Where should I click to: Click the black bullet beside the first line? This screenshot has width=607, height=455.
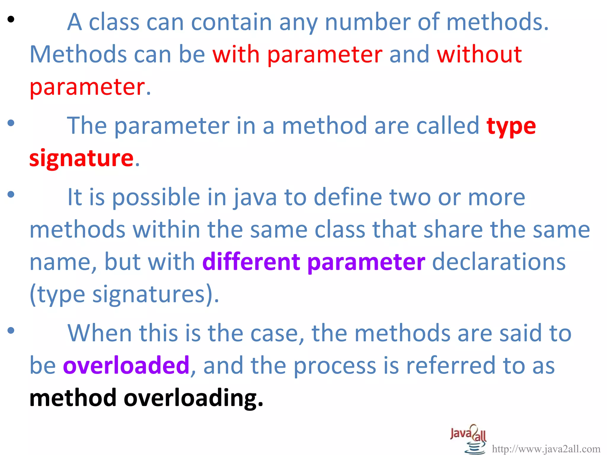click(11, 20)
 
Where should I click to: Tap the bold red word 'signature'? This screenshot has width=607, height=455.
click(81, 158)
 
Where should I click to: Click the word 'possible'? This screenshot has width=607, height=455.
click(156, 198)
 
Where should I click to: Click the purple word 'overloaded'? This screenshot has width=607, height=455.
click(126, 365)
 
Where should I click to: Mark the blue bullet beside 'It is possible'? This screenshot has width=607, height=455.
click(11, 195)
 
